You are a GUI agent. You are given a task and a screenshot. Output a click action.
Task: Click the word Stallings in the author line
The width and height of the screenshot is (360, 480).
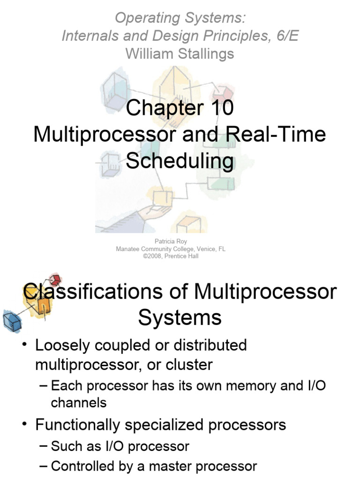click(204, 54)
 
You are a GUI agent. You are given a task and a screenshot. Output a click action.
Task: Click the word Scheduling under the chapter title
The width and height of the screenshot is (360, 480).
click(180, 161)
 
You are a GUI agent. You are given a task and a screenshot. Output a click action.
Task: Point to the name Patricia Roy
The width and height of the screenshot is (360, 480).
click(171, 242)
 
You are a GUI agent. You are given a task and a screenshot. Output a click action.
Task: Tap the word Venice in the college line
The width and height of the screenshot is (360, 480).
click(201, 249)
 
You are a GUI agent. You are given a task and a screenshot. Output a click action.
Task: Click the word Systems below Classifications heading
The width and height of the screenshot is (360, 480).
click(180, 318)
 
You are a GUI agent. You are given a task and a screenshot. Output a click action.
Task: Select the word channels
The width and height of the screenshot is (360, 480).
click(78, 403)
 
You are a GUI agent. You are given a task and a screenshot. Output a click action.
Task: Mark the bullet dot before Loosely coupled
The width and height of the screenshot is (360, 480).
click(24, 346)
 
